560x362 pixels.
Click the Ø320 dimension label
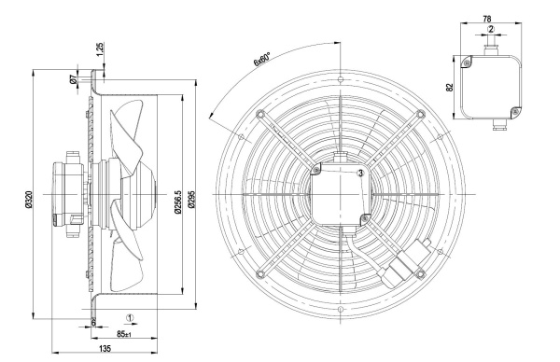[x=29, y=200]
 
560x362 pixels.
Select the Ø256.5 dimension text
[x=178, y=202]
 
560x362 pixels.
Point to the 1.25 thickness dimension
[x=101, y=49]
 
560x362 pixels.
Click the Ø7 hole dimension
[x=73, y=79]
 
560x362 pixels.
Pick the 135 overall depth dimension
[x=105, y=348]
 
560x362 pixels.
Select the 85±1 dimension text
[x=124, y=334]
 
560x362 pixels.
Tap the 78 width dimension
[x=487, y=19]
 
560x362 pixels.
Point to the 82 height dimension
[x=450, y=87]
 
